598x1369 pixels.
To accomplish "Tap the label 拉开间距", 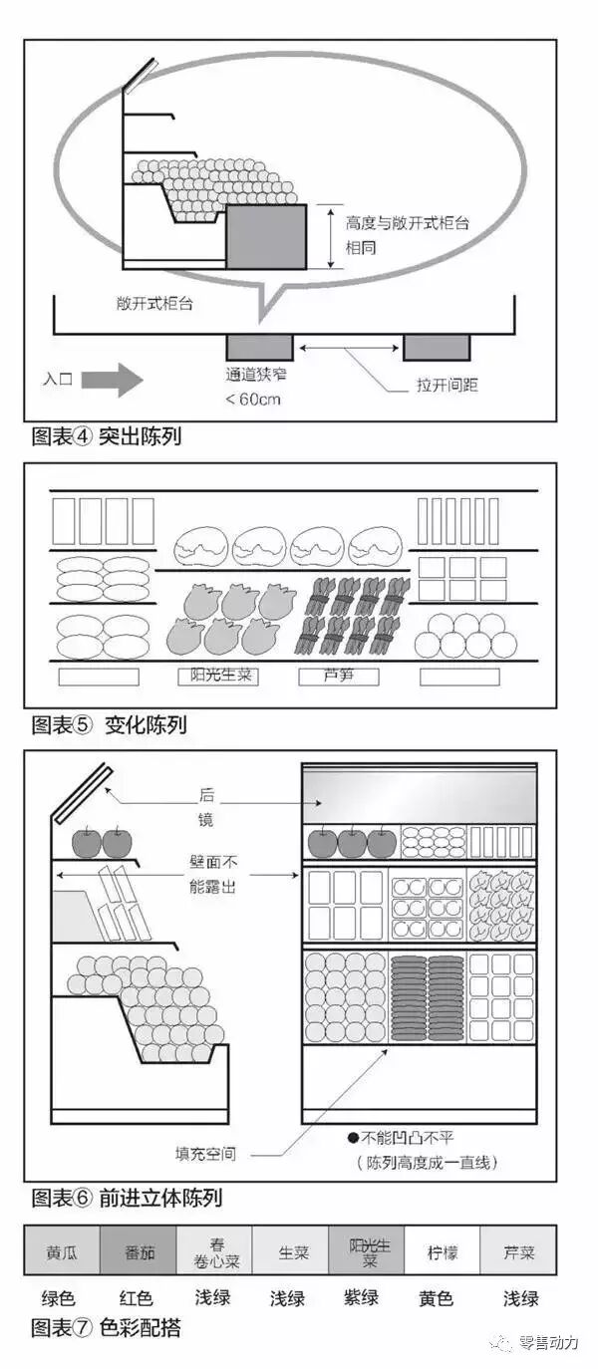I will pyautogui.click(x=447, y=385).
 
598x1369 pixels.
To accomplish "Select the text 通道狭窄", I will pyautogui.click(x=258, y=378).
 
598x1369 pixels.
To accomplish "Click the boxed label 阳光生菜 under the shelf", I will pyautogui.click(x=220, y=676).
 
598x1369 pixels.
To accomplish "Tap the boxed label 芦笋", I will pyautogui.click(x=339, y=676).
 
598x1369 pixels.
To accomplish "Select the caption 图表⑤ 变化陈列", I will pyautogui.click(x=110, y=724).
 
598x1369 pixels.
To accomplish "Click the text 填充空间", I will pyautogui.click(x=206, y=1154).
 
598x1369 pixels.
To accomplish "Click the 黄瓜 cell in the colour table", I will pyautogui.click(x=62, y=1250).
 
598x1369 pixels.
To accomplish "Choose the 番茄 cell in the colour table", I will pyautogui.click(x=139, y=1250).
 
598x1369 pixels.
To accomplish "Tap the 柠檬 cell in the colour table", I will pyautogui.click(x=443, y=1250).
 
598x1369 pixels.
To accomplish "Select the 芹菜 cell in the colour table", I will pyautogui.click(x=518, y=1250).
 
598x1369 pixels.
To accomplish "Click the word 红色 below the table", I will pyautogui.click(x=136, y=1298).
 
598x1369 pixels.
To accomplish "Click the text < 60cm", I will pyautogui.click(x=253, y=400).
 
